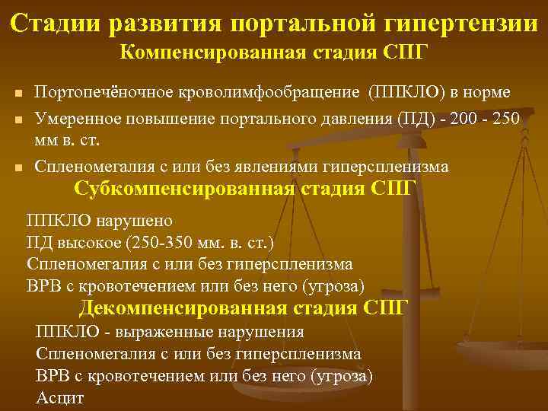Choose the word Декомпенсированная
(x=183, y=308)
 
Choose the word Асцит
(x=60, y=398)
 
